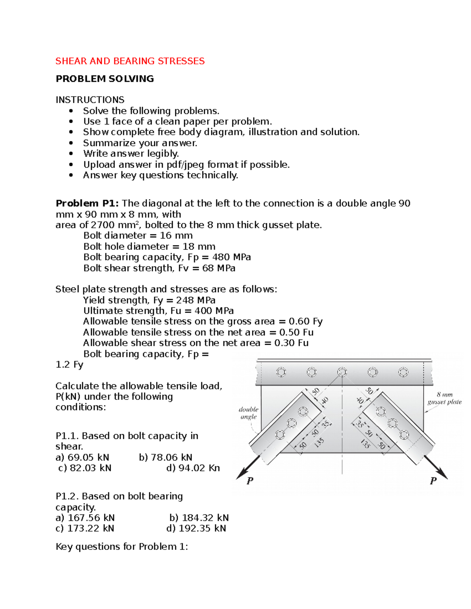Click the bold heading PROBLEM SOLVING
pyautogui.click(x=105, y=79)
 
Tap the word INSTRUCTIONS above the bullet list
pyautogui.click(x=90, y=100)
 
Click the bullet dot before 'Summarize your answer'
pyautogui.click(x=71, y=143)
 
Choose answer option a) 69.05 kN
pyautogui.click(x=82, y=457)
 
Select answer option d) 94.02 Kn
pyautogui.click(x=193, y=468)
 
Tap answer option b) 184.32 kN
pyautogui.click(x=199, y=518)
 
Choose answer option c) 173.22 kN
pyautogui.click(x=85, y=529)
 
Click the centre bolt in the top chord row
pyautogui.click(x=342, y=372)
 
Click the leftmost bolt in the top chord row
pyautogui.click(x=281, y=372)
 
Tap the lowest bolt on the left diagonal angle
pyautogui.click(x=280, y=434)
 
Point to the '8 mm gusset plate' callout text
pyautogui.click(x=444, y=398)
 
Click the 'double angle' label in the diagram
pyautogui.click(x=248, y=413)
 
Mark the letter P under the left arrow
pyautogui.click(x=250, y=481)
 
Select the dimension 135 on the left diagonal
pyautogui.click(x=319, y=443)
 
